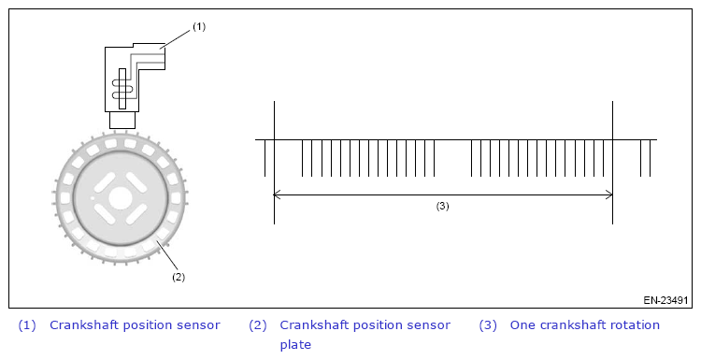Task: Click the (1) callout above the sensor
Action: point(199,27)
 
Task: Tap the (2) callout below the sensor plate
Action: point(179,277)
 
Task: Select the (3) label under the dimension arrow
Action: point(442,206)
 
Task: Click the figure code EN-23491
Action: point(665,300)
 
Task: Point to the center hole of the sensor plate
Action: point(120,197)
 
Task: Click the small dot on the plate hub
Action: point(93,197)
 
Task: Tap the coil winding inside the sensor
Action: point(122,89)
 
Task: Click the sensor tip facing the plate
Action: point(122,120)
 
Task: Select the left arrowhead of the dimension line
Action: point(277,194)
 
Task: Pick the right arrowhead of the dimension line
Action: point(609,194)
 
